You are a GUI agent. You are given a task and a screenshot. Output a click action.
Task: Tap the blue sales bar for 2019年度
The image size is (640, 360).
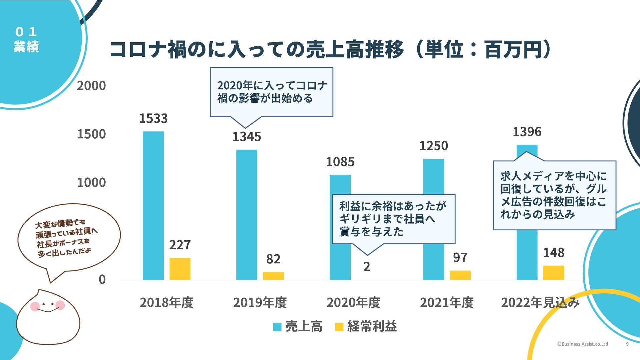pyautogui.click(x=247, y=215)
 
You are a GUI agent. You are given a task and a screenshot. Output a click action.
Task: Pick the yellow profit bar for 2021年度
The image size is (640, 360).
pyautogui.click(x=460, y=275)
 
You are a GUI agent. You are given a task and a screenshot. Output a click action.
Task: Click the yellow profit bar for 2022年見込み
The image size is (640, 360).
pyautogui.click(x=553, y=273)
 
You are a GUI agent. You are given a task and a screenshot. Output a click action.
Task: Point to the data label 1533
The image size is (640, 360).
pyautogui.click(x=153, y=118)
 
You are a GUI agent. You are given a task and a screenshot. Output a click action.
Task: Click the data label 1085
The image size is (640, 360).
pyautogui.click(x=340, y=162)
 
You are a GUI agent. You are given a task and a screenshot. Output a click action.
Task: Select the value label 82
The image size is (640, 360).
pyautogui.click(x=273, y=259)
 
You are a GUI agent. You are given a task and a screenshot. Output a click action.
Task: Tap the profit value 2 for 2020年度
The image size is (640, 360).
pyautogui.click(x=367, y=267)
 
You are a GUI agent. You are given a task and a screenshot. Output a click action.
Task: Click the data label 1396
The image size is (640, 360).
pyautogui.click(x=527, y=132)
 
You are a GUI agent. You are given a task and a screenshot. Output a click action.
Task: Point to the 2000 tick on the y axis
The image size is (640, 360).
pyautogui.click(x=91, y=86)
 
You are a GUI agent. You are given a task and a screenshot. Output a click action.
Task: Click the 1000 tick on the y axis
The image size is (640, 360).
pyautogui.click(x=91, y=182)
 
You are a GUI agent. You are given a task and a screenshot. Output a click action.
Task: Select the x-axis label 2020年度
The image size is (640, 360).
pyautogui.click(x=353, y=302)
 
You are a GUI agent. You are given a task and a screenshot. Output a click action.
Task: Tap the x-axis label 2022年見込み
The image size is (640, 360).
pyautogui.click(x=540, y=302)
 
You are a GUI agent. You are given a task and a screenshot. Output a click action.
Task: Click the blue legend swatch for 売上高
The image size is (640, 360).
pyautogui.click(x=277, y=327)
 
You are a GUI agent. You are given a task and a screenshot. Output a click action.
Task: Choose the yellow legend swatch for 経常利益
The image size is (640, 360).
pyautogui.click(x=339, y=327)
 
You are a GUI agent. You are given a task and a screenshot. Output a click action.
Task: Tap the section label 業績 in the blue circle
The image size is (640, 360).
pyautogui.click(x=26, y=47)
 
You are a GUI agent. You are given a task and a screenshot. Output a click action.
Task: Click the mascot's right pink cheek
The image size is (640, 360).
pyautogui.click(x=60, y=305)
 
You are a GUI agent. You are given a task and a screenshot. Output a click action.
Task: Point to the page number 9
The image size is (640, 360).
pyautogui.click(x=627, y=344)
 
